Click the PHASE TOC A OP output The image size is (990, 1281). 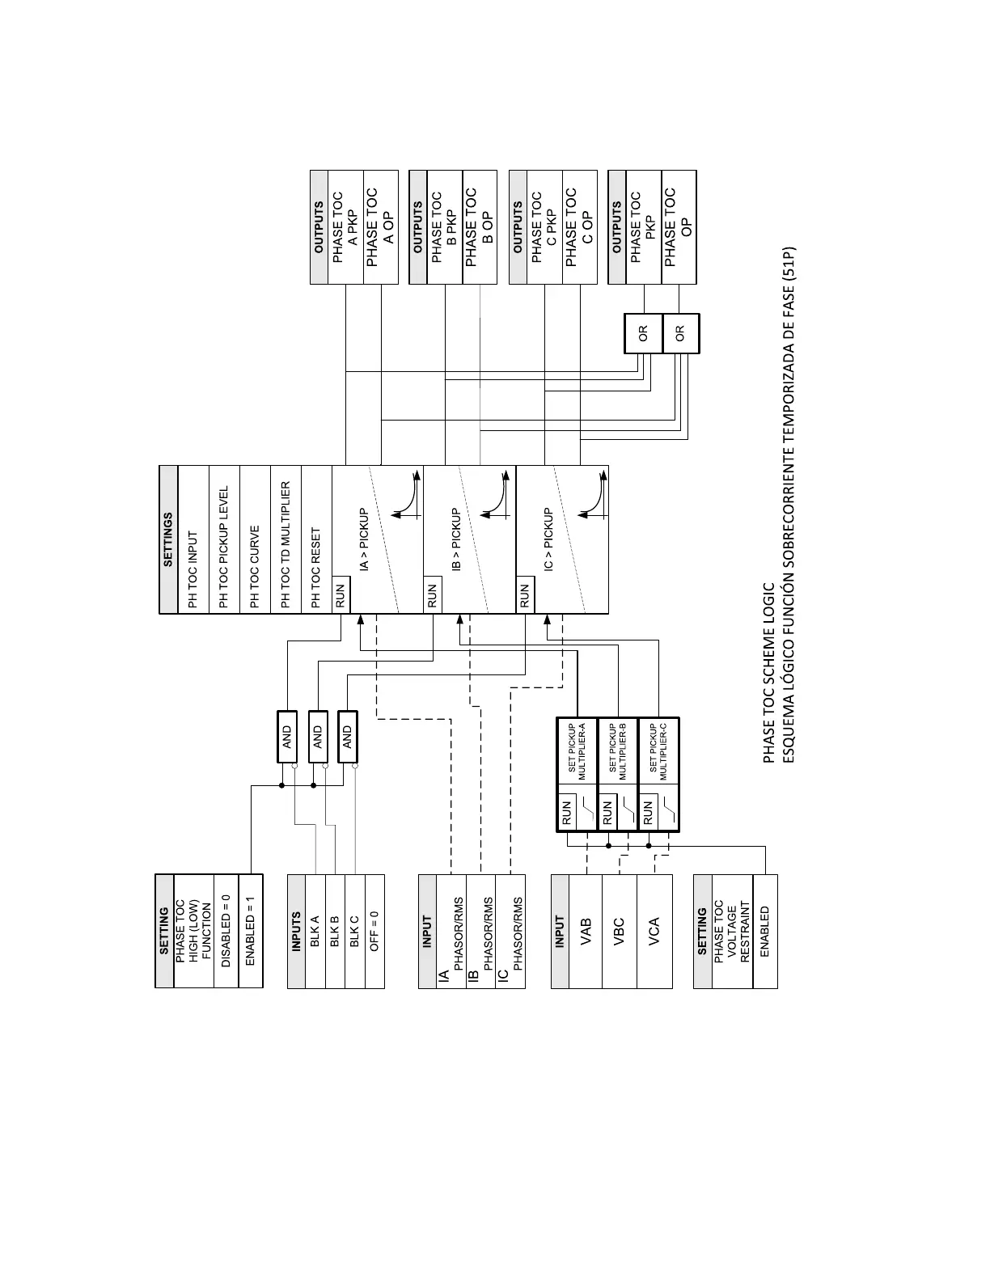click(x=381, y=216)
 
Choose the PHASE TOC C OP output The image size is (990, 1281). click(x=580, y=216)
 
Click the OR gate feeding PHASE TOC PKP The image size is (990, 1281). click(x=643, y=333)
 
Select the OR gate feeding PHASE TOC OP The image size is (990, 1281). click(x=680, y=333)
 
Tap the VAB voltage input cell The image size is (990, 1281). click(x=586, y=932)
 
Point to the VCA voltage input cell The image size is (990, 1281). click(x=654, y=932)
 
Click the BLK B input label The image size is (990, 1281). click(x=334, y=932)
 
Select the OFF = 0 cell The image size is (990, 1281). click(x=374, y=932)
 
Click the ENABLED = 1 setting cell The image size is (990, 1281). click(x=251, y=930)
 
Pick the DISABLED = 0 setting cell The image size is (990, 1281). click(x=226, y=930)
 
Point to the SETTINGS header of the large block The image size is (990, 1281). click(x=168, y=539)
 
